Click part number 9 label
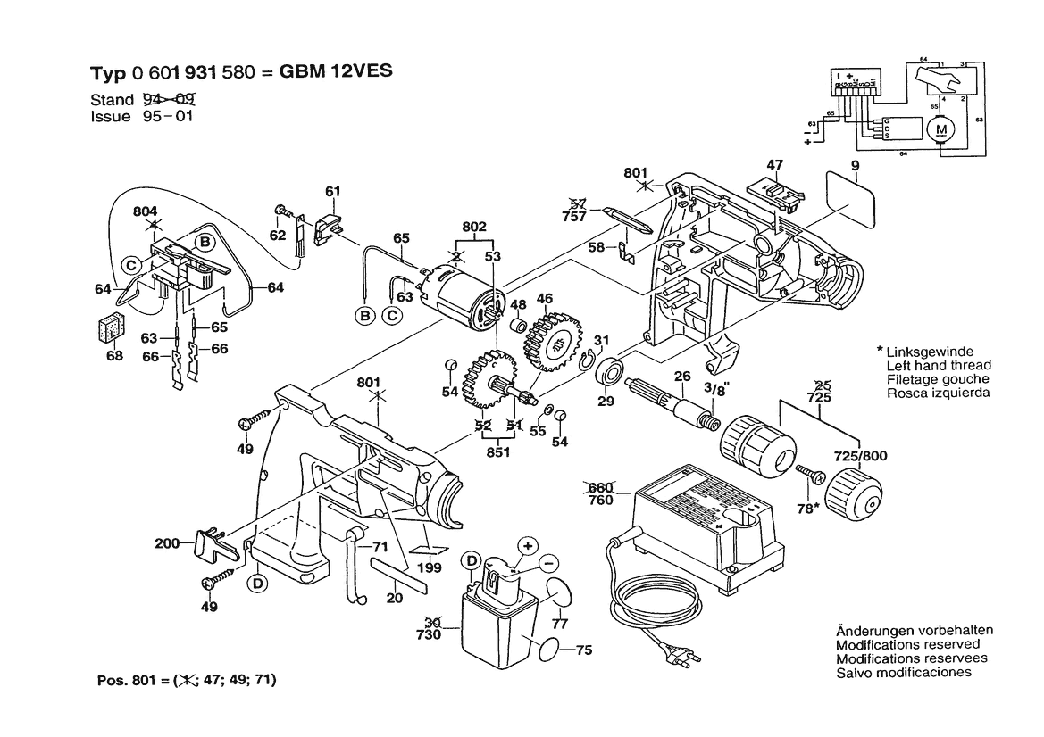point(855,165)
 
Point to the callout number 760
point(601,500)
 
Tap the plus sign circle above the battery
point(527,544)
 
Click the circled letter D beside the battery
point(471,560)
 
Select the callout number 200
point(167,542)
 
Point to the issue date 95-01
point(168,117)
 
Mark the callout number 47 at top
point(774,165)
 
